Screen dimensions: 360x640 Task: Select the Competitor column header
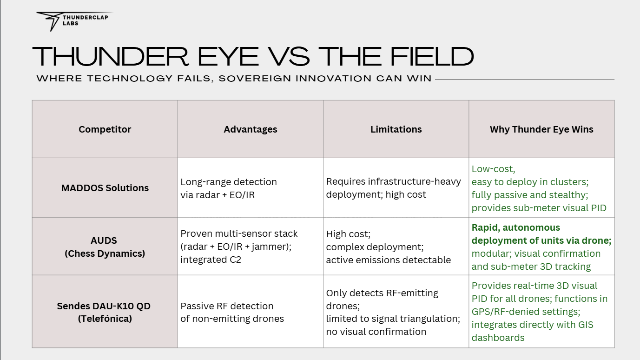point(105,129)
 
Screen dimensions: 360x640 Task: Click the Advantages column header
point(250,129)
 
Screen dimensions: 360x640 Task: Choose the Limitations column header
point(396,129)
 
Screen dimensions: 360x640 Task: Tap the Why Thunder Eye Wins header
point(541,129)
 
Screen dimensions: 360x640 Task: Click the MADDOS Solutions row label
point(105,188)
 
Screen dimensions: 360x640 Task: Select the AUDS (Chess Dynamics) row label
point(105,247)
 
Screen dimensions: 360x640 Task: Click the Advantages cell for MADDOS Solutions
point(229,188)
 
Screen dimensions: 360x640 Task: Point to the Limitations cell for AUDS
point(388,247)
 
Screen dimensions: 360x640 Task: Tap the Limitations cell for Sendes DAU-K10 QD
point(393,312)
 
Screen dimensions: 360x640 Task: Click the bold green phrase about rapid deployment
point(541,234)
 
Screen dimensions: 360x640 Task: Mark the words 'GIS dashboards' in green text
point(533,331)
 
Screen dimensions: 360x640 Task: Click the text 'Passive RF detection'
point(227,306)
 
